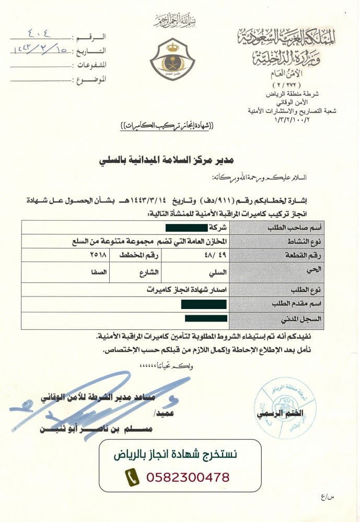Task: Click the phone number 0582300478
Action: (x=188, y=477)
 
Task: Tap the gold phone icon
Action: (x=132, y=477)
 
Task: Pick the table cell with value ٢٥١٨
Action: (x=98, y=255)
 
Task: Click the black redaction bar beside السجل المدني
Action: (x=206, y=318)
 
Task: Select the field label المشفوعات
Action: (x=92, y=65)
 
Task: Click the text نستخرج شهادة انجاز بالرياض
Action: (x=176, y=455)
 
